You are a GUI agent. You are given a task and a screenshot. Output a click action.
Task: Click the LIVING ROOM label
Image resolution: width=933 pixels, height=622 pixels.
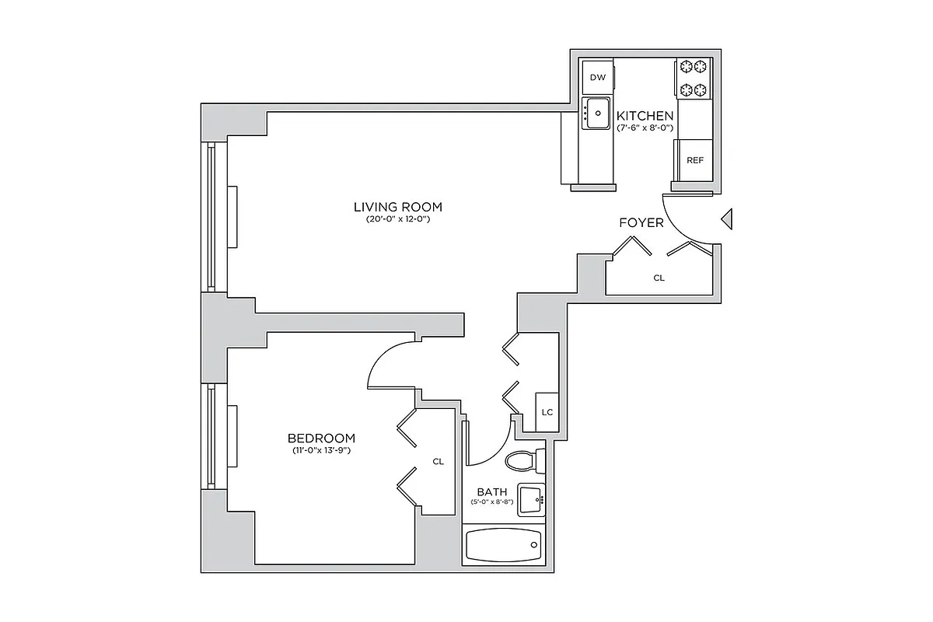coord(398,207)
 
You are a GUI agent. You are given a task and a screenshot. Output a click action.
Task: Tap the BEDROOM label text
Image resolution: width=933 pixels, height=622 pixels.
coord(321,438)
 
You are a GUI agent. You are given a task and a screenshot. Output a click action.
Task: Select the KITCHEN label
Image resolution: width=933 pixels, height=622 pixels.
coord(645,116)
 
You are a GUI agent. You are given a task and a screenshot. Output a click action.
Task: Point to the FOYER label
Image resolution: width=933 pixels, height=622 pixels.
coord(641,223)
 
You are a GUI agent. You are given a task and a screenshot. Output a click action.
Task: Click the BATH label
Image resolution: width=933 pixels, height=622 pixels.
coord(492,491)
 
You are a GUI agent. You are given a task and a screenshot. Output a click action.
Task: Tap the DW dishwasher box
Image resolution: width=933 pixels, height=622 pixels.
coord(597,77)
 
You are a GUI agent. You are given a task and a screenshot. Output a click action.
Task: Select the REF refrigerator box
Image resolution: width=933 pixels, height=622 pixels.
coord(694,160)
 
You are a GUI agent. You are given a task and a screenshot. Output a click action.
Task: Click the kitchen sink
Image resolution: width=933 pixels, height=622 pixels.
coord(597,114)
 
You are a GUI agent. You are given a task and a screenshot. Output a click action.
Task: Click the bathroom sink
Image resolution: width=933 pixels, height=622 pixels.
coord(532,499)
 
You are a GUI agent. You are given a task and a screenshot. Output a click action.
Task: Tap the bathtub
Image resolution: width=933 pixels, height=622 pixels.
coord(503,547)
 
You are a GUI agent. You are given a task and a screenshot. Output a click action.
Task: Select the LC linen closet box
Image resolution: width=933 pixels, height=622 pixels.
coord(547,411)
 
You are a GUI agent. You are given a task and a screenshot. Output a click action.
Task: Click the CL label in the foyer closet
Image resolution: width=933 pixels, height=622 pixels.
coord(659,278)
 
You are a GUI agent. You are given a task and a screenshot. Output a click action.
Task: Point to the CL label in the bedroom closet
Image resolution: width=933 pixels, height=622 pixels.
coord(439,461)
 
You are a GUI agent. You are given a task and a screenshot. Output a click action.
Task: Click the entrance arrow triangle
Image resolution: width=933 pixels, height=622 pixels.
coord(727,220)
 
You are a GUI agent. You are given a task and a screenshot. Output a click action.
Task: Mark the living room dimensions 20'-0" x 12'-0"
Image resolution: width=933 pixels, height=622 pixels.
coord(398,220)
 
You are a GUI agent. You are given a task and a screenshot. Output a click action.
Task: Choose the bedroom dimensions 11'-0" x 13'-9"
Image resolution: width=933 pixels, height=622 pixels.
coord(321,450)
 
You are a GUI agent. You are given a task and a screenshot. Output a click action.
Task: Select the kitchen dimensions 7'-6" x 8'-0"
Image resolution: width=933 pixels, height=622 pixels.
coord(645,128)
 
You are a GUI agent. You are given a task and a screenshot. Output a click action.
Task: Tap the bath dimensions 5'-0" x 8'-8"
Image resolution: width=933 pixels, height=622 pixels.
coord(492,502)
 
